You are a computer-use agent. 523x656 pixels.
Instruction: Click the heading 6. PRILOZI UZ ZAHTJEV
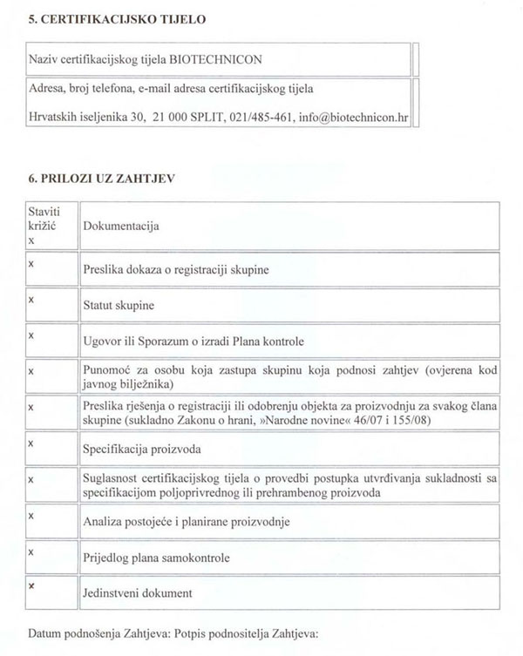click(x=102, y=179)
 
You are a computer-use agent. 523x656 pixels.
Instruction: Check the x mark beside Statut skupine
click(x=31, y=299)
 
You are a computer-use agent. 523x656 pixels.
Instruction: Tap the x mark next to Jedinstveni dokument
click(x=31, y=586)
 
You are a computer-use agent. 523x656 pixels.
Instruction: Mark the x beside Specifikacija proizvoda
click(x=31, y=443)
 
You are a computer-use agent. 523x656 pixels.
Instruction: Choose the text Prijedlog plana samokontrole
click(x=157, y=558)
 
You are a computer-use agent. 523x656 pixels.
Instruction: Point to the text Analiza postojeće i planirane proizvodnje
click(x=187, y=522)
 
